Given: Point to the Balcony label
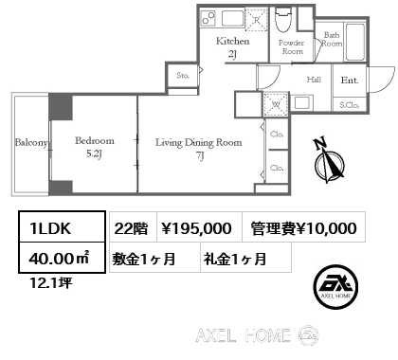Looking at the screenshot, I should [30, 143].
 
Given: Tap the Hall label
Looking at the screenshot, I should [314, 81].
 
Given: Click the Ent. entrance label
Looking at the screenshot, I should [350, 81].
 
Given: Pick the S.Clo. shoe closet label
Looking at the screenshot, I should [349, 103].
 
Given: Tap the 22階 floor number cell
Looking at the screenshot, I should [129, 227].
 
